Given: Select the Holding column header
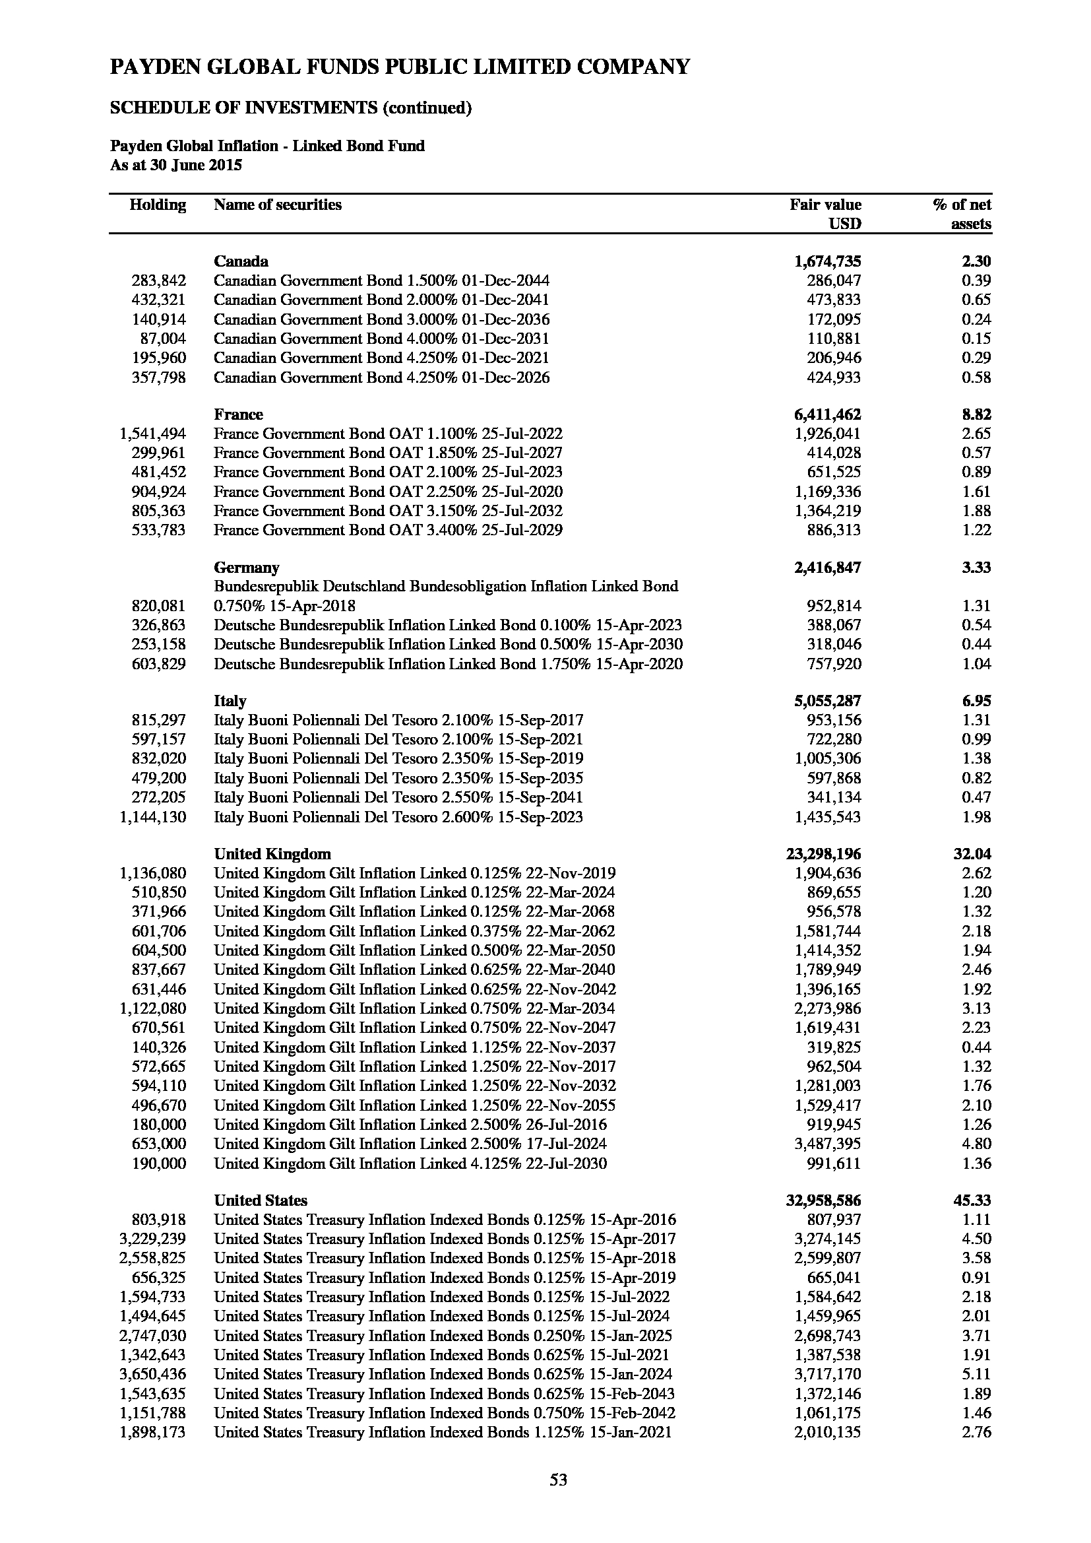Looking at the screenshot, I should coord(157,205).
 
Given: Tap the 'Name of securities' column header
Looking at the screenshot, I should coord(278,205).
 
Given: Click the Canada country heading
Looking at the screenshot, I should coord(241,261).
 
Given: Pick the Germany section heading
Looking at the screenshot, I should coord(247,567).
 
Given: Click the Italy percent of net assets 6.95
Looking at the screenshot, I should coord(976,701).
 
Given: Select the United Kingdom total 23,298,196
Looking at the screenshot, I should coord(823,854).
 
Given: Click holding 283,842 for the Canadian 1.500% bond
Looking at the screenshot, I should coord(158,281).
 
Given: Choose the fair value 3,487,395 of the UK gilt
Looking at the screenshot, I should coord(827,1144).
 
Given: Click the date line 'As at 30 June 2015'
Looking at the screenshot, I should coord(176,165).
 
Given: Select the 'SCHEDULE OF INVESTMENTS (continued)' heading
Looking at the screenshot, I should coord(290,108).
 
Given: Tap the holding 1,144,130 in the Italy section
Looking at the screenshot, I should coord(152,817).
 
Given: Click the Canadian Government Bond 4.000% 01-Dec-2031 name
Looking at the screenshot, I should coord(381,339).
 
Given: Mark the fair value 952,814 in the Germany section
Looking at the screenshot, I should coord(833,605).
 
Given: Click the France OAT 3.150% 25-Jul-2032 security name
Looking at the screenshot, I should coord(388,511).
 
